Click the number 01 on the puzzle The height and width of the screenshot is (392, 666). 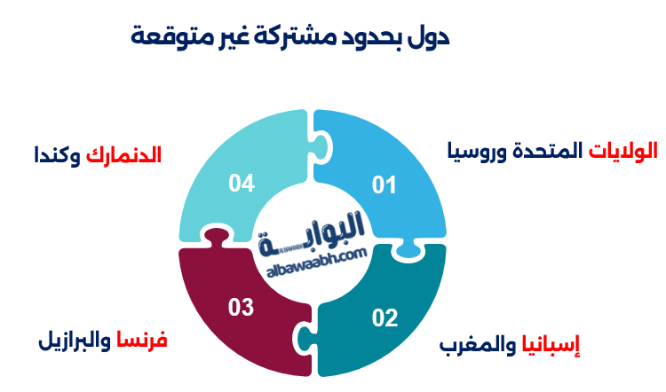tap(384, 185)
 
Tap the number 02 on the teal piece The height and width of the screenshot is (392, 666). tap(385, 318)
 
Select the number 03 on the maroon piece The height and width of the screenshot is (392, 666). tap(241, 307)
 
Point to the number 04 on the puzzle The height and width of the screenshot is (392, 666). tap(242, 183)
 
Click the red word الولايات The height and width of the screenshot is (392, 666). tap(622, 151)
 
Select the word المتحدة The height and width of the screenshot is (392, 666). tap(548, 151)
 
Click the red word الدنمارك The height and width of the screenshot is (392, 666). tap(123, 155)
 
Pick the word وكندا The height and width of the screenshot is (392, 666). tap(58, 156)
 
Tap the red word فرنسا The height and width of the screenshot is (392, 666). tap(142, 340)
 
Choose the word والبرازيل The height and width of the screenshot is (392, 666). tap(75, 341)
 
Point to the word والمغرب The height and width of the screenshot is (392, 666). tap(478, 345)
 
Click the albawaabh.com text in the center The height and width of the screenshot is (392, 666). tap(317, 263)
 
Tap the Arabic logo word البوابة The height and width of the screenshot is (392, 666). tap(312, 234)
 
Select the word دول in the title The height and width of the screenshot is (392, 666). tap(428, 36)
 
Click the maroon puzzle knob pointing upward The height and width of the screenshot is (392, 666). tap(217, 239)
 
